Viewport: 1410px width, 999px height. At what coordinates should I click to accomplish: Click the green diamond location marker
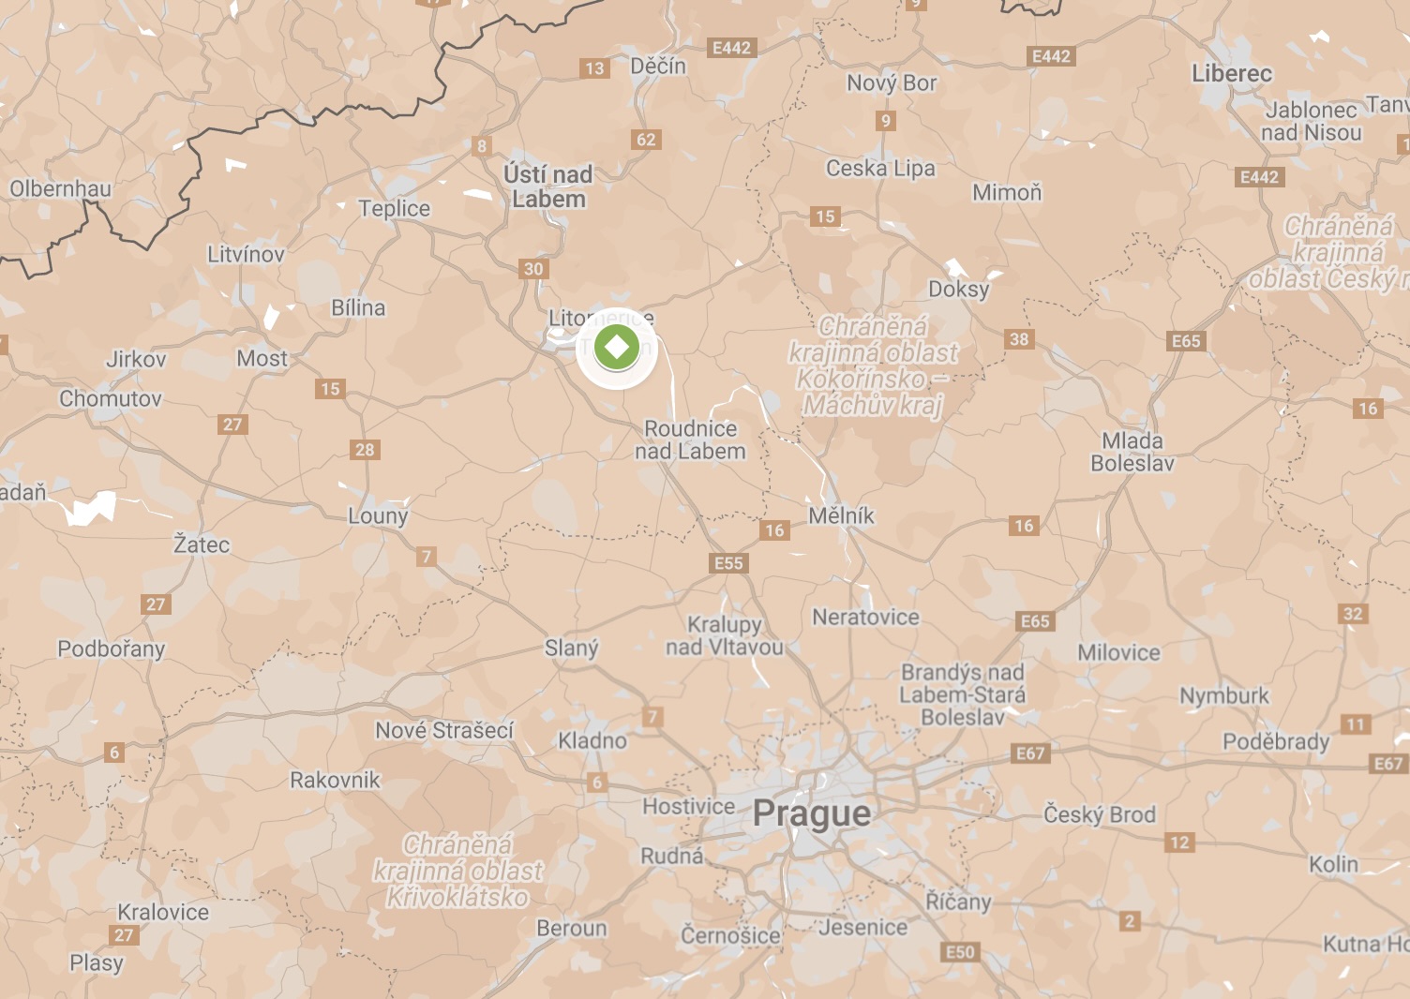[616, 348]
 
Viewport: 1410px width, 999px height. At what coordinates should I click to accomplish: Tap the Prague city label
[811, 813]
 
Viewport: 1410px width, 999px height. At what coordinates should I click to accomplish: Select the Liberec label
[1232, 74]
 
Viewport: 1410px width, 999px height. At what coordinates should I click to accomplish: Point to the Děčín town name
[658, 67]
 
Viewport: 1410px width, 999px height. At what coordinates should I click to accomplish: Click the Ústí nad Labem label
[548, 186]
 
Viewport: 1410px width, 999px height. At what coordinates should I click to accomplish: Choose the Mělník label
[841, 515]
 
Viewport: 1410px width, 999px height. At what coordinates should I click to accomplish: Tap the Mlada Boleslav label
[1132, 452]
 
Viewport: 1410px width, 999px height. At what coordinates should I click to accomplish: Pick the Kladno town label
[592, 740]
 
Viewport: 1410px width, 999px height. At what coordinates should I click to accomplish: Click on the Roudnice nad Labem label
[691, 440]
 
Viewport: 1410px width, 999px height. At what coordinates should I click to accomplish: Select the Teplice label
[394, 208]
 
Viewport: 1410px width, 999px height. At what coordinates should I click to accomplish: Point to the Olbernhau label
[60, 189]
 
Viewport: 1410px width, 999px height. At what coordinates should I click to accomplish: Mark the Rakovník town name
[335, 780]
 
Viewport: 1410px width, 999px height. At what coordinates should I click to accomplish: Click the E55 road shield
[728, 563]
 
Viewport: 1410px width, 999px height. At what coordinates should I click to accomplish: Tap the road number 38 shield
[1019, 339]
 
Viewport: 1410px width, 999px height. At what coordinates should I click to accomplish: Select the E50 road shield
[960, 952]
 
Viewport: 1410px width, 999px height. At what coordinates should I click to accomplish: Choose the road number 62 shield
[647, 140]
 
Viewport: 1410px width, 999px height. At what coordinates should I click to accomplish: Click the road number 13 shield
[594, 68]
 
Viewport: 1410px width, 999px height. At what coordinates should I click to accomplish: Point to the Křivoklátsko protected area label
[458, 871]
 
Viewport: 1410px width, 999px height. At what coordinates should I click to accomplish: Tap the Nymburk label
[1223, 696]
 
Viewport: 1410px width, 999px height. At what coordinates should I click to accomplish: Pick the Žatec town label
[202, 544]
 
